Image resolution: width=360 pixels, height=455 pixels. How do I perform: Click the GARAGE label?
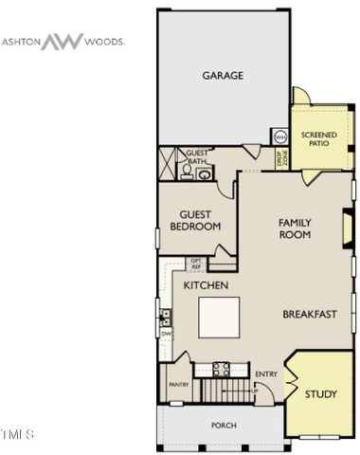223,75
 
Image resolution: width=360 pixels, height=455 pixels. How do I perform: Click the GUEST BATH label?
197,157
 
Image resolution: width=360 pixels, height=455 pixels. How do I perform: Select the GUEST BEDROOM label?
195,221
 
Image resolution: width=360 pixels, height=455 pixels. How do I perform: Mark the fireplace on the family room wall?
347,227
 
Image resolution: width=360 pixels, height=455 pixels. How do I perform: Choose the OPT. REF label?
196,264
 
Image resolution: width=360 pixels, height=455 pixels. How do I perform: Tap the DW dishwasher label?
166,334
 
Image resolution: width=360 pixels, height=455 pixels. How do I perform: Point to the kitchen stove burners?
223,370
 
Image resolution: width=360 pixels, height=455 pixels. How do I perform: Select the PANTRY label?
178,385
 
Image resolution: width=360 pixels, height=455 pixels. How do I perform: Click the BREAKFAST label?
310,313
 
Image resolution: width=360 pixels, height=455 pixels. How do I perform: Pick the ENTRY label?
266,373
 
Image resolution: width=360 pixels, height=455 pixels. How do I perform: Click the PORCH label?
224,425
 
